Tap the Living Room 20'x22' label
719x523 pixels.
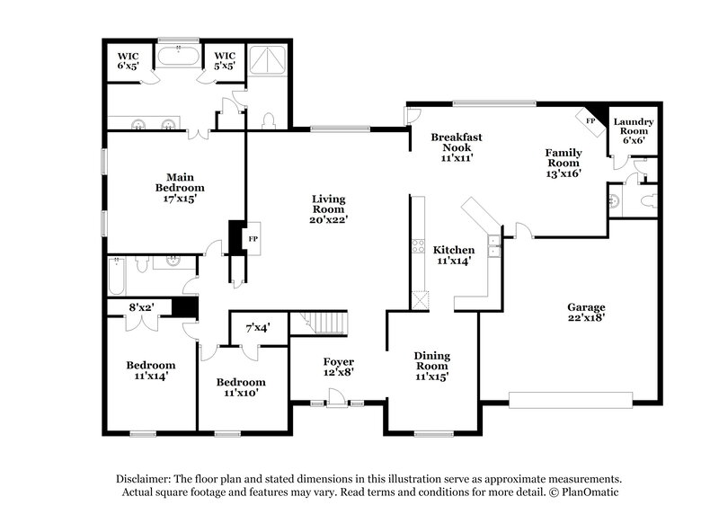[329, 208]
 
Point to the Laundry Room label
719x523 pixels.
[633, 126]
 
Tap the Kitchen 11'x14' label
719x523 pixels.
[454, 255]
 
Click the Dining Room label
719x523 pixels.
[431, 366]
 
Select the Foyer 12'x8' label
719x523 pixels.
[338, 367]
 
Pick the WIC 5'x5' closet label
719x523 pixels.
[224, 59]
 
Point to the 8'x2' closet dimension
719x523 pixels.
[142, 306]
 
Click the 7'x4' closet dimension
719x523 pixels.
[258, 330]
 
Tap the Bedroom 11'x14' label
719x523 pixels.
[150, 370]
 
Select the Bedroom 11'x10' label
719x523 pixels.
[240, 386]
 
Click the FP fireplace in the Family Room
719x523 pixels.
[590, 120]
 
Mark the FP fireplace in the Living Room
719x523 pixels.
[253, 239]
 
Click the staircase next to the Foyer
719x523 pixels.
[322, 321]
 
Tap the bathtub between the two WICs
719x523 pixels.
[179, 58]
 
